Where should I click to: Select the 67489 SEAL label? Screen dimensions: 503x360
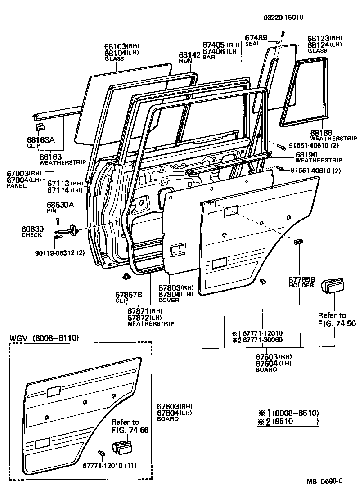[x=255, y=40]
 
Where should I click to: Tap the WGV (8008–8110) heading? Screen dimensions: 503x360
[x=41, y=337]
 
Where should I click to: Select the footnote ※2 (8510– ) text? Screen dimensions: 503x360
[x=287, y=422]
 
